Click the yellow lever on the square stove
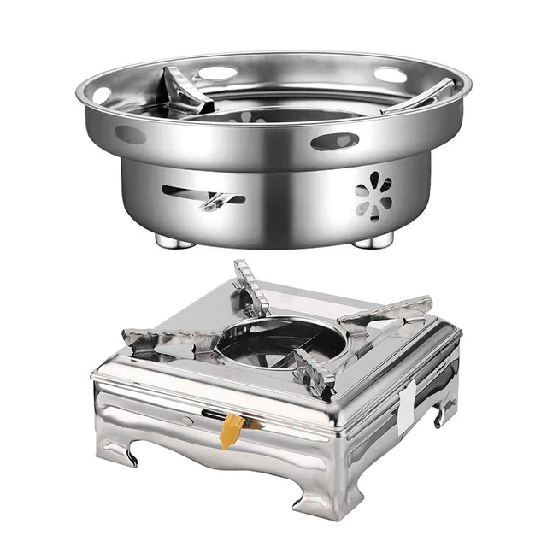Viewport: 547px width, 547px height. (230, 430)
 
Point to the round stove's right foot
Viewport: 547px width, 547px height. (373, 242)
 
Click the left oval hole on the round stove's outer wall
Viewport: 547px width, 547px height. (130, 135)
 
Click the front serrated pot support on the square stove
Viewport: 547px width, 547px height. (314, 373)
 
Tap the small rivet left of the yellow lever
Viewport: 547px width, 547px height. (190, 420)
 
